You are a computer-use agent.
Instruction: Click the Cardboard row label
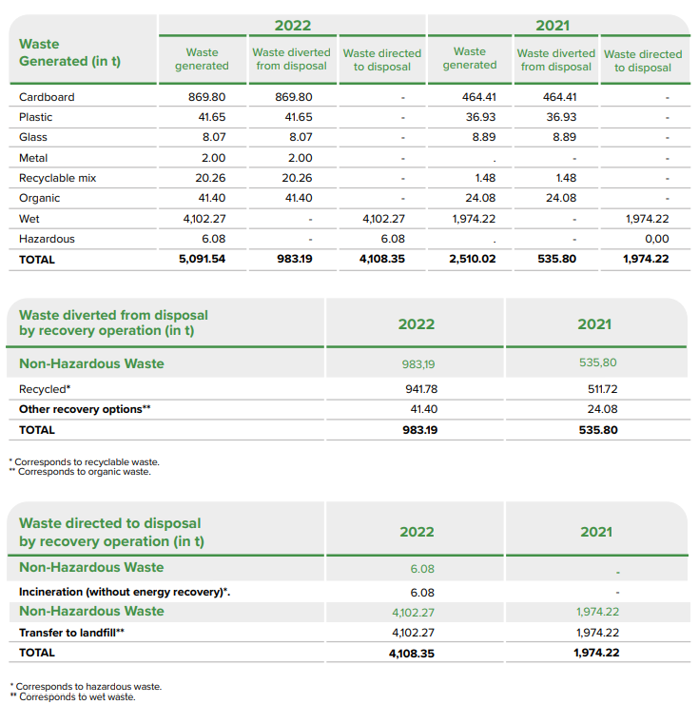[47, 97]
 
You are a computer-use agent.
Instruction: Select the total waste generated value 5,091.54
[202, 259]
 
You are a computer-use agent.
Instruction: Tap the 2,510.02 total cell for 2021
[473, 259]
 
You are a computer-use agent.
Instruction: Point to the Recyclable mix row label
[58, 178]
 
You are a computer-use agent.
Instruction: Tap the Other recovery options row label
[85, 409]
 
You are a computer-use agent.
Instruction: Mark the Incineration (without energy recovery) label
[125, 592]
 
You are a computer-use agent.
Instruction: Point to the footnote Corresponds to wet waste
[77, 697]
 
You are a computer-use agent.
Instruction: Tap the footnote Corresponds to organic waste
[84, 471]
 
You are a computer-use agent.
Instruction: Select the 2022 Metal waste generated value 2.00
[214, 158]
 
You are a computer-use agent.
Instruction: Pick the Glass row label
[35, 137]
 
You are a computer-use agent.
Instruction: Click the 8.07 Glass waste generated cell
[214, 137]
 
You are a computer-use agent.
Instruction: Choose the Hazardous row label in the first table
[47, 239]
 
